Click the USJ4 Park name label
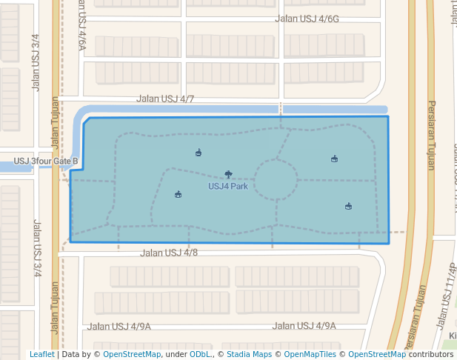pyautogui.click(x=228, y=186)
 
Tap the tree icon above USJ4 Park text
pyautogui.click(x=228, y=175)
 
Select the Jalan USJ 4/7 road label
pyautogui.click(x=165, y=99)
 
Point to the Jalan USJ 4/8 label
pyautogui.click(x=169, y=253)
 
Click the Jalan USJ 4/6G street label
pyautogui.click(x=307, y=20)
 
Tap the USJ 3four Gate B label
pyautogui.click(x=46, y=161)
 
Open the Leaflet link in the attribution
pyautogui.click(x=41, y=355)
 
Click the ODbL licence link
pyautogui.click(x=199, y=355)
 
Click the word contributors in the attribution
pyautogui.click(x=431, y=355)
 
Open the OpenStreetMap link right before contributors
pyautogui.click(x=377, y=355)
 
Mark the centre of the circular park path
pyautogui.click(x=276, y=180)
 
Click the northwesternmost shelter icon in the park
pyautogui.click(x=198, y=153)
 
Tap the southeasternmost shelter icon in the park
pyautogui.click(x=348, y=206)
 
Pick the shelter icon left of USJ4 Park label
pyautogui.click(x=178, y=195)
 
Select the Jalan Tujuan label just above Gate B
pyautogui.click(x=55, y=126)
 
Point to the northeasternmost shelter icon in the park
pyautogui.click(x=334, y=159)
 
